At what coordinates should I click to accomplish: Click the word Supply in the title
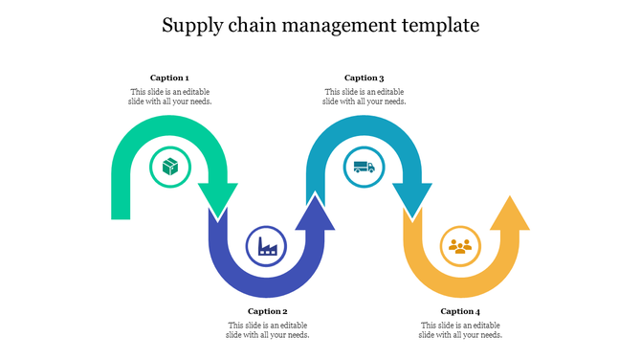190,25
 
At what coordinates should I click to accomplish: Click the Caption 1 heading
169,78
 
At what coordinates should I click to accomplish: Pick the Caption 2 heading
268,311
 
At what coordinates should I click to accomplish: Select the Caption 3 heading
364,78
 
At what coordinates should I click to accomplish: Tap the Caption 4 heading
460,311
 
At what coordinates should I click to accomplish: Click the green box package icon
170,168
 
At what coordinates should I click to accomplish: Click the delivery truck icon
364,168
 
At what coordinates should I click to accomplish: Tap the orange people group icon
460,247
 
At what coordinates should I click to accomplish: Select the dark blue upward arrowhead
315,214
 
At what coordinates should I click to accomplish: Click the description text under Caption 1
170,96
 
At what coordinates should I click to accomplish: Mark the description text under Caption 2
268,329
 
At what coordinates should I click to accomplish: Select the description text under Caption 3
364,96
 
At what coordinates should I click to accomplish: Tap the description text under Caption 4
461,329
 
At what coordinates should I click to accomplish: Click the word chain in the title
252,25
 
